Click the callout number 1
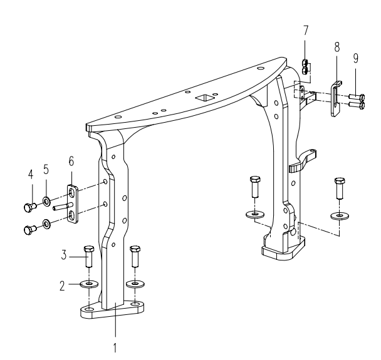click(x=115, y=347)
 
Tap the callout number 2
click(x=63, y=285)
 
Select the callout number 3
click(x=64, y=255)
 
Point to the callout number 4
click(x=31, y=175)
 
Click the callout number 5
click(x=46, y=169)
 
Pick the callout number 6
click(x=71, y=161)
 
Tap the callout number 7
click(x=306, y=31)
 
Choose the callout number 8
click(x=337, y=47)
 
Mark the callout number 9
click(x=356, y=58)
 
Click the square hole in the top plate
click(x=204, y=98)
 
